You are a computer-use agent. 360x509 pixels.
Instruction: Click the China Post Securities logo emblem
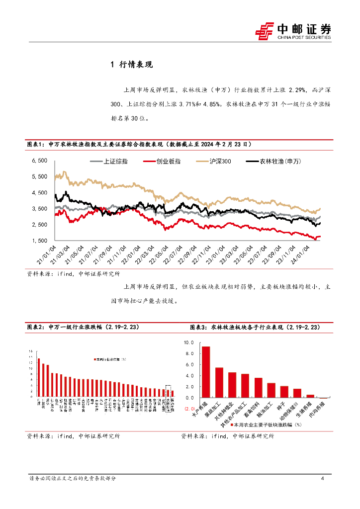pyautogui.click(x=265, y=31)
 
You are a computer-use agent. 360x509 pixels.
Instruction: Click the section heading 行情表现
pyautogui.click(x=136, y=65)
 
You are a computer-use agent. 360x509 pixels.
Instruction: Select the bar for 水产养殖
pyautogui.click(x=206, y=372)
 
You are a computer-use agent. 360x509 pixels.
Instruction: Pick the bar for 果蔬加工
pyautogui.click(x=219, y=382)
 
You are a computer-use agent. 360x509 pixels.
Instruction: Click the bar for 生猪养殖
pyautogui.click(x=310, y=396)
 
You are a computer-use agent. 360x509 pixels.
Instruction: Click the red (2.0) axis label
pyautogui.click(x=189, y=409)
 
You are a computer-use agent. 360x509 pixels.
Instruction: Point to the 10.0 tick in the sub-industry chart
pyautogui.click(x=188, y=342)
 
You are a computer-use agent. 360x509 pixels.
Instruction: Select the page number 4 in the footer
pyautogui.click(x=323, y=479)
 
